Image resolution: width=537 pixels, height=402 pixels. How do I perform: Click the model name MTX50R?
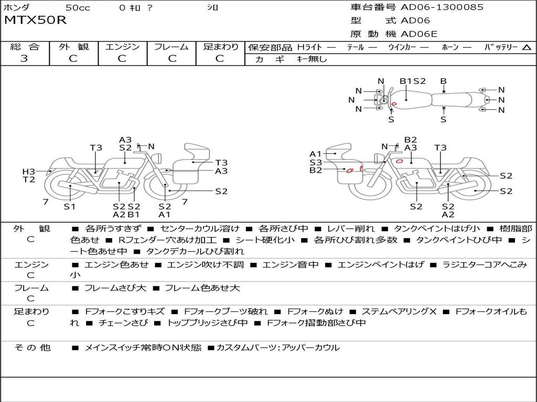click(x=36, y=21)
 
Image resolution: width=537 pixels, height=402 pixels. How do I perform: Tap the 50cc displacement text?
click(x=77, y=8)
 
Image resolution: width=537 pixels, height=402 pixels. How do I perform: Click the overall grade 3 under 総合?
click(x=24, y=59)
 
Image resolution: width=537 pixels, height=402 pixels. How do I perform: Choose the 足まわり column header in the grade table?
click(x=221, y=47)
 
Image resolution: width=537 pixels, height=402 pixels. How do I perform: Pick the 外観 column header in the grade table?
click(x=73, y=47)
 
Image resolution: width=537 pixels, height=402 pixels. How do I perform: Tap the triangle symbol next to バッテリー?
click(x=527, y=48)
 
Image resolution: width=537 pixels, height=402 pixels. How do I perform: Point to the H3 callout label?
click(x=28, y=172)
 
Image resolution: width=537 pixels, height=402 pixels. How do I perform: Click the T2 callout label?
click(x=28, y=180)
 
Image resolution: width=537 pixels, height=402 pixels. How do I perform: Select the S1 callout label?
click(x=70, y=206)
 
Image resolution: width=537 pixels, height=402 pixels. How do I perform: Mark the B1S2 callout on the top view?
click(x=413, y=81)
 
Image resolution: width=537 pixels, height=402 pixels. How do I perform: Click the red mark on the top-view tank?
click(x=394, y=104)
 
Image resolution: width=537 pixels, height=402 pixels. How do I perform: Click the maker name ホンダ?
click(x=16, y=8)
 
